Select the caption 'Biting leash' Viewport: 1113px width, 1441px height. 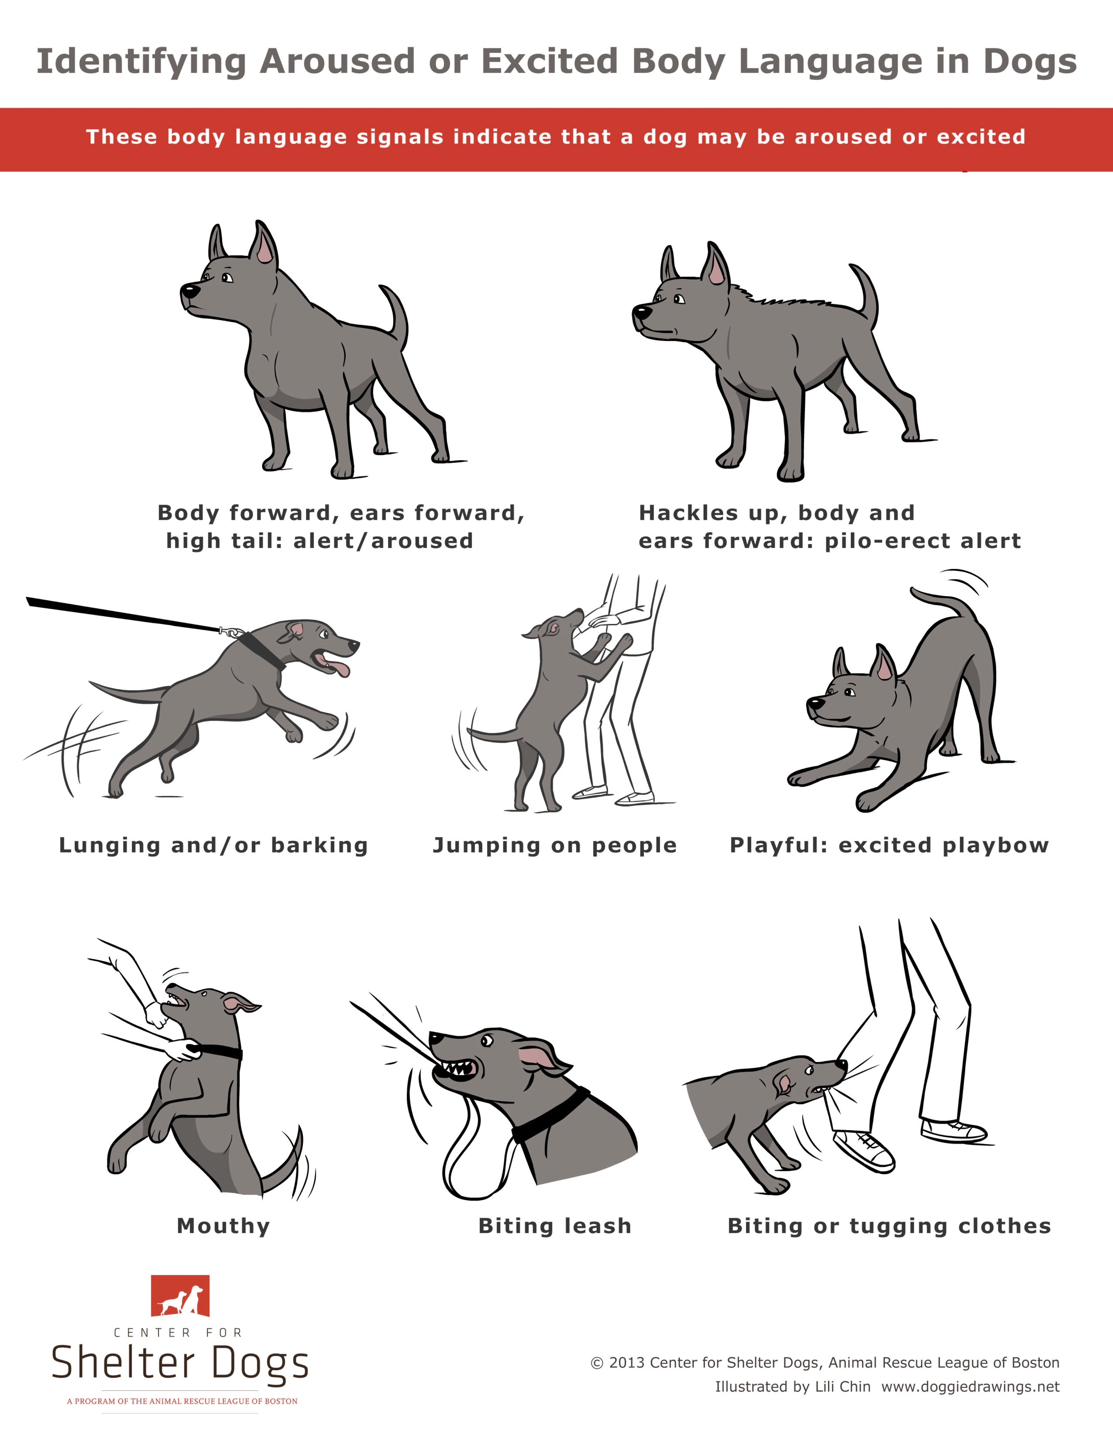pos(555,1226)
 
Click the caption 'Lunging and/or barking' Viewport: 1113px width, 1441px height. pos(213,845)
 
